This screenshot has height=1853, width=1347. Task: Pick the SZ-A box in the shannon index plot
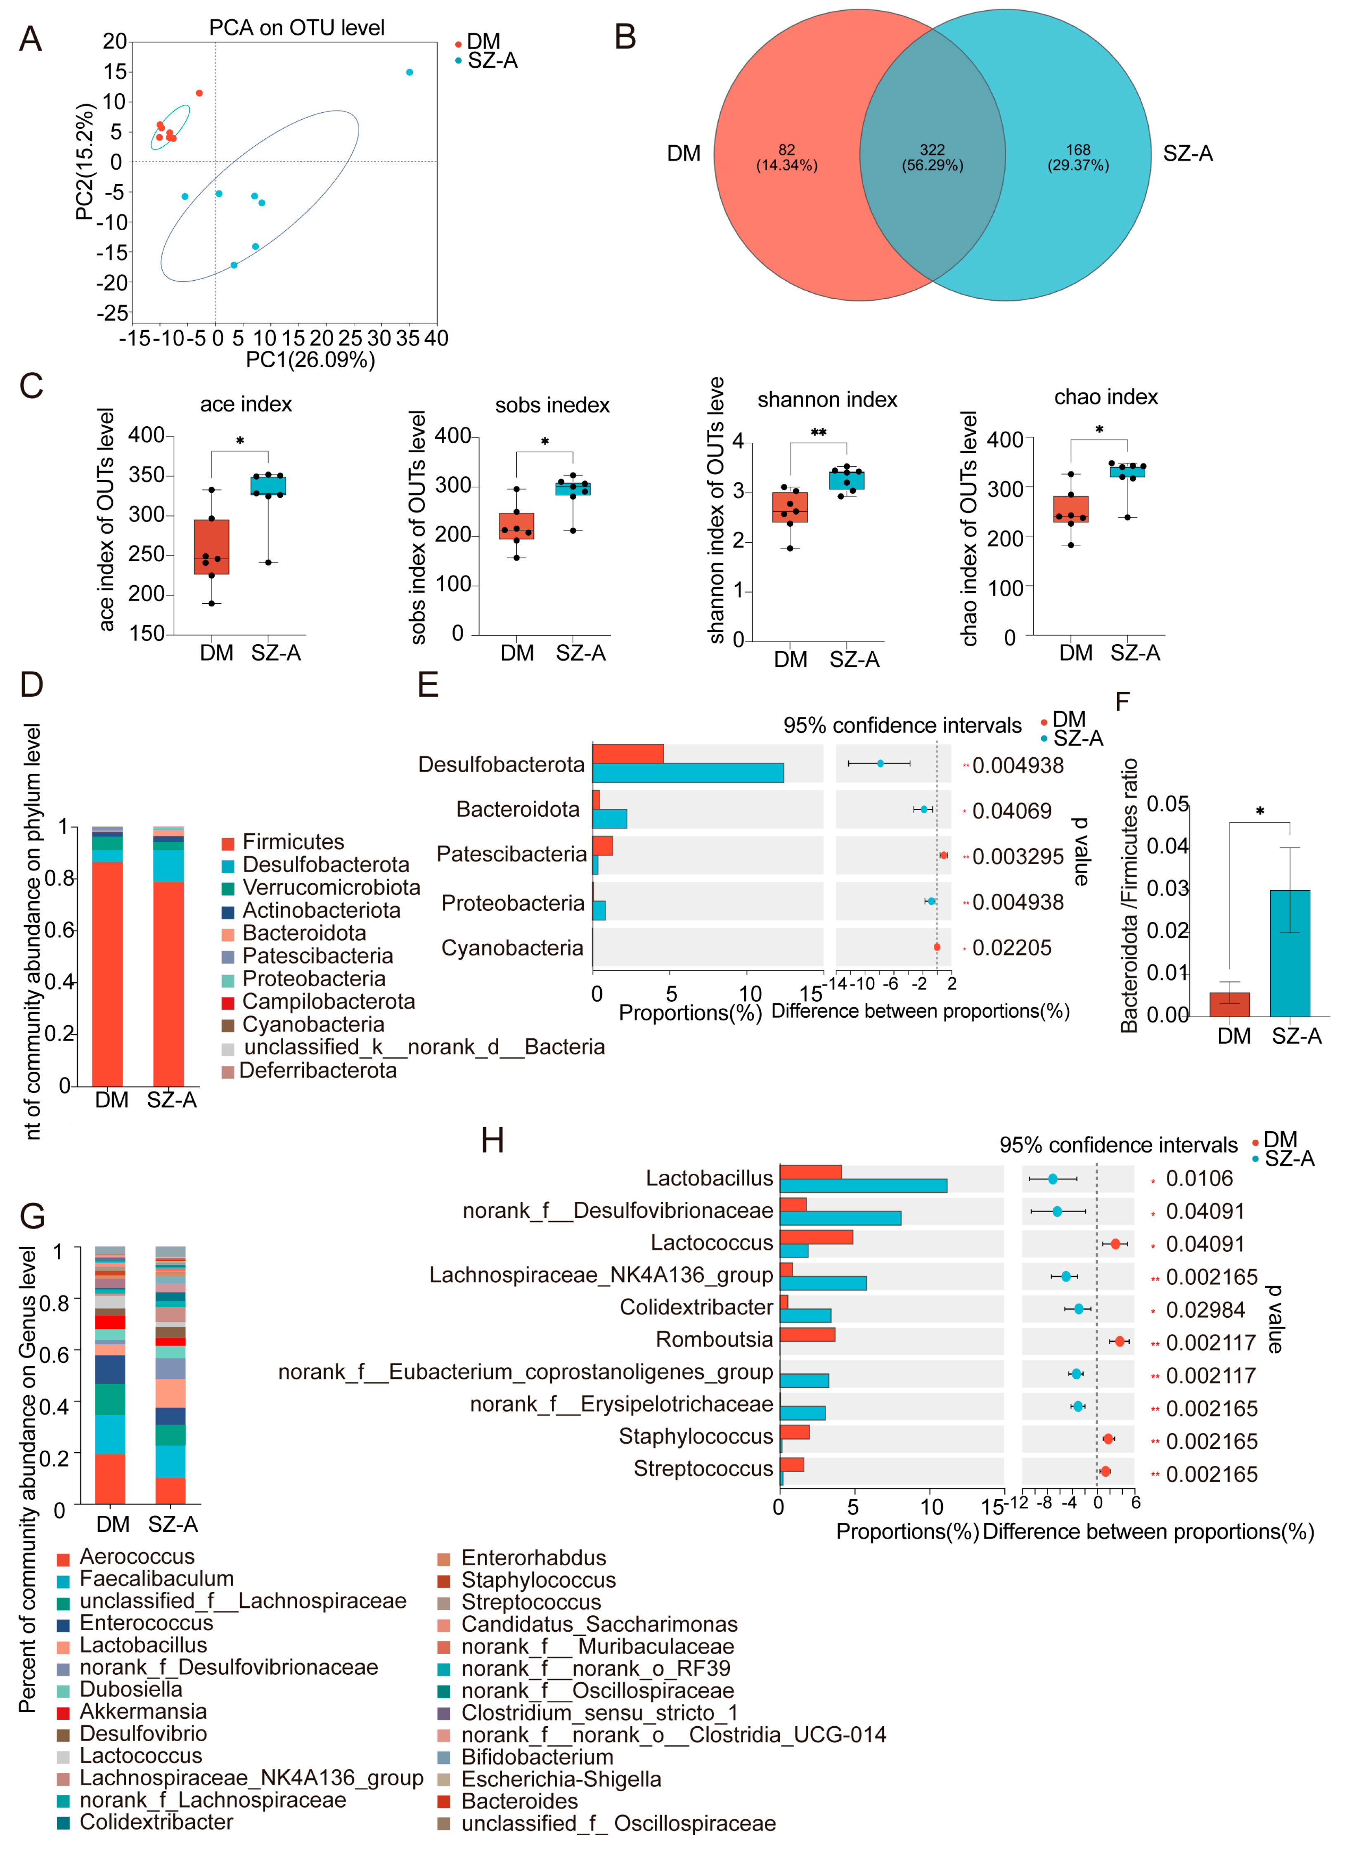pos(847,480)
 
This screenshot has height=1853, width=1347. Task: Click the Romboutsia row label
pos(714,1340)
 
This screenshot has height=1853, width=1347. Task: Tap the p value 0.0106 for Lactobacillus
pos(1199,1179)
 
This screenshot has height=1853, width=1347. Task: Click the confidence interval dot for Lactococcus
pos(1115,1243)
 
